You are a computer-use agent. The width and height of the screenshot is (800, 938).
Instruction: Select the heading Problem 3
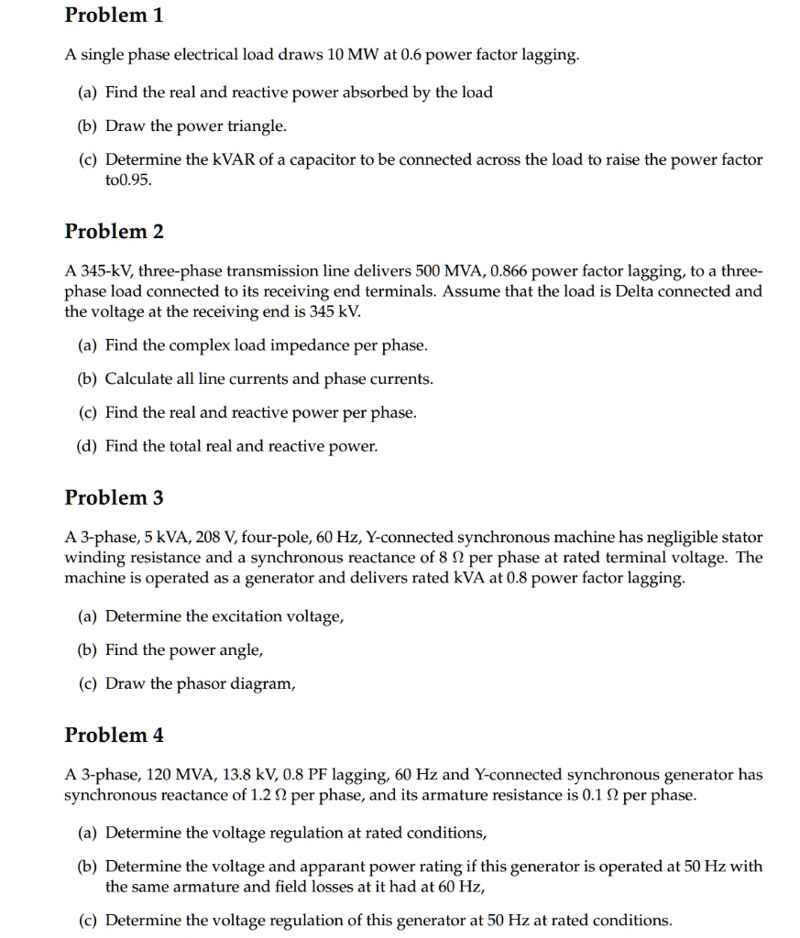pyautogui.click(x=114, y=497)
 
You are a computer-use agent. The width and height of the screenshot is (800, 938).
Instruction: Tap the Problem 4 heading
pyautogui.click(x=114, y=735)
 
